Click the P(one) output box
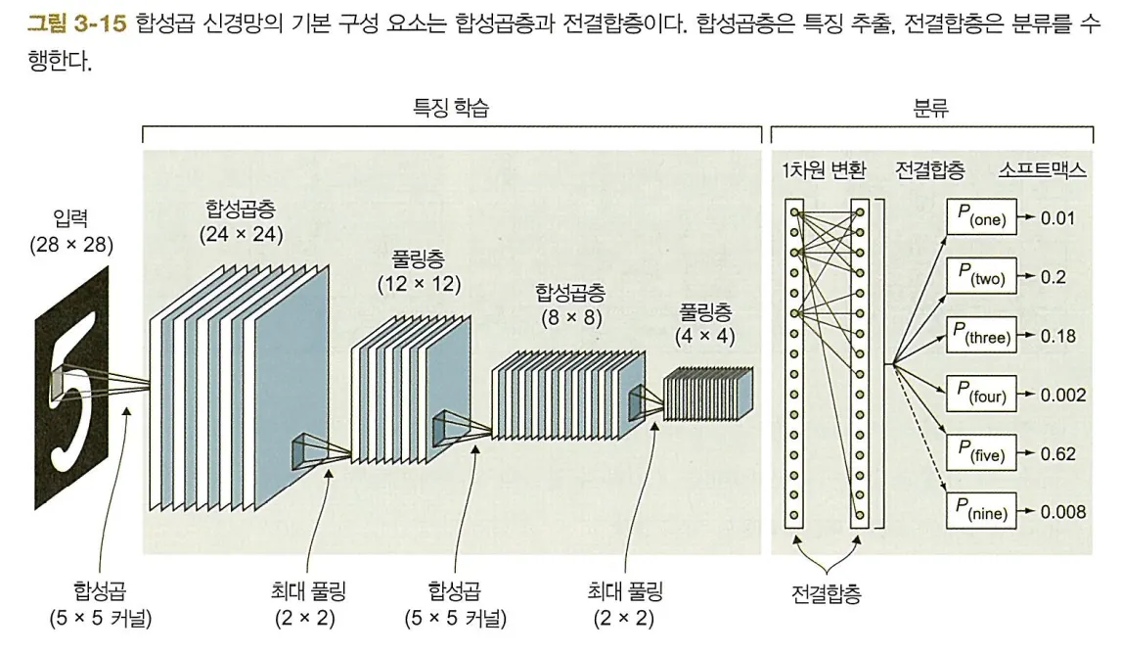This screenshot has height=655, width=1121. [x=981, y=217]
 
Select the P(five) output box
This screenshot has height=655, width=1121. [x=981, y=453]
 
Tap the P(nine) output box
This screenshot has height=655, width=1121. [x=981, y=511]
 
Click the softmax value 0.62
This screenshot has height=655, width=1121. [x=1058, y=453]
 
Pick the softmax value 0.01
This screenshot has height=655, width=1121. [x=1058, y=217]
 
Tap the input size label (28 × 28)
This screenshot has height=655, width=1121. [x=70, y=245]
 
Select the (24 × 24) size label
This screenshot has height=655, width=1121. [x=241, y=234]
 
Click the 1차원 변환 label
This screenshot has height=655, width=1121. [x=824, y=170]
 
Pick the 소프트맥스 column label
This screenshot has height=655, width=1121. [x=1043, y=170]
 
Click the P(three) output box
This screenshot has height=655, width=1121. [x=981, y=336]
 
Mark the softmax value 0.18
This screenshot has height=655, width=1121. [x=1058, y=336]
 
